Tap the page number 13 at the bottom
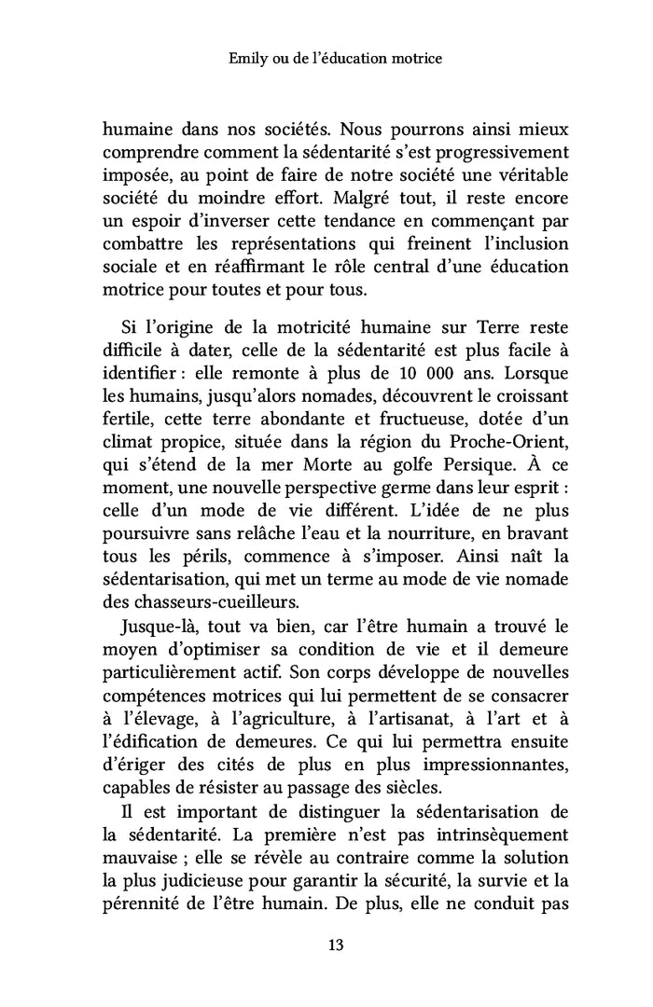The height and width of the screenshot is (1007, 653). point(336,945)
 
